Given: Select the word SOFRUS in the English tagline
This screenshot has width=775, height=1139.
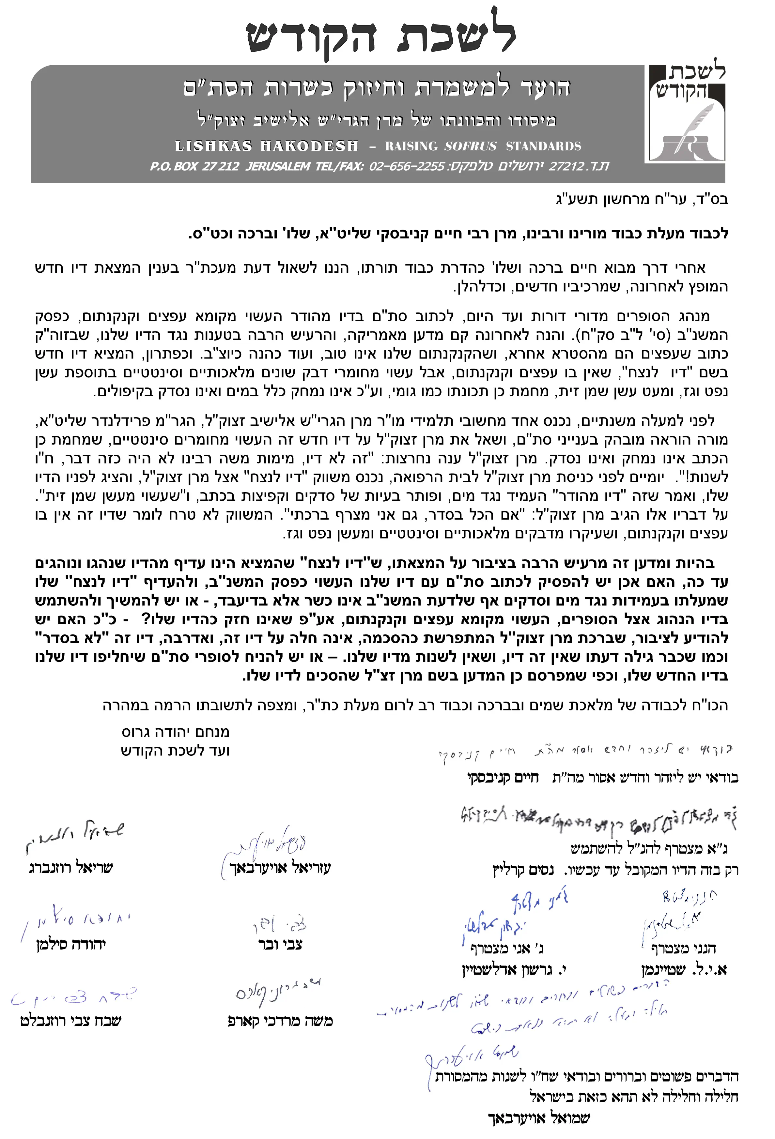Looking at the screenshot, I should pyautogui.click(x=470, y=146).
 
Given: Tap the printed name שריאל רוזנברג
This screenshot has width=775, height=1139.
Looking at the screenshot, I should pyautogui.click(x=71, y=868).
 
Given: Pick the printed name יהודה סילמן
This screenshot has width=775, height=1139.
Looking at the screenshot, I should pyautogui.click(x=71, y=944).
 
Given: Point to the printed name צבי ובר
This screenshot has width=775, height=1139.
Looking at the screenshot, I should pyautogui.click(x=280, y=944).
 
